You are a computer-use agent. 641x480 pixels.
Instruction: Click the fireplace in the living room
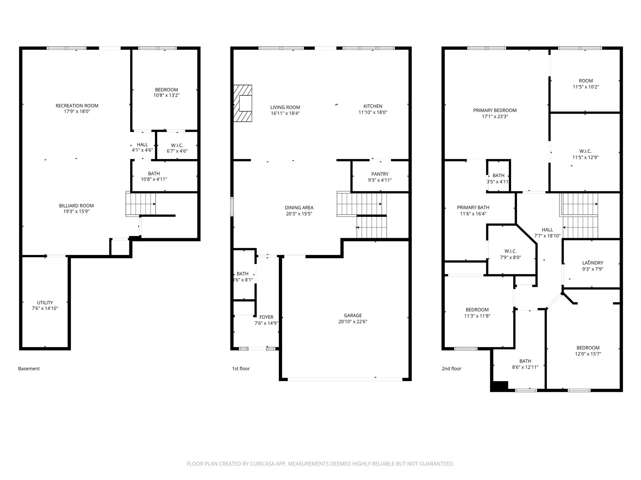pyautogui.click(x=243, y=103)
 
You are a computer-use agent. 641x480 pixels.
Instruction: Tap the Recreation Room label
pyautogui.click(x=77, y=106)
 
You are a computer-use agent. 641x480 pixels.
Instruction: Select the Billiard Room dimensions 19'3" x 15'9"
pyautogui.click(x=76, y=211)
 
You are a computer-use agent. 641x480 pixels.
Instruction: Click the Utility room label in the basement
pyautogui.click(x=45, y=302)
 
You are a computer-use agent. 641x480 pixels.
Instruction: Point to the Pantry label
pyautogui.click(x=380, y=174)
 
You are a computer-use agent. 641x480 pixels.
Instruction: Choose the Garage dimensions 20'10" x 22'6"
pyautogui.click(x=353, y=322)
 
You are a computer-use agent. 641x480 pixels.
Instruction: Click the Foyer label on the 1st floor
pyautogui.click(x=266, y=317)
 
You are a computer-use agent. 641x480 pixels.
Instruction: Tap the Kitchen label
pyautogui.click(x=373, y=106)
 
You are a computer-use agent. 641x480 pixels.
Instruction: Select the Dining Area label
pyautogui.click(x=299, y=207)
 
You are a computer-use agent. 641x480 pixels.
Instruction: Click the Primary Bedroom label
pyautogui.click(x=495, y=110)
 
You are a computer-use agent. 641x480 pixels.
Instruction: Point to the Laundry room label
pyautogui.click(x=593, y=263)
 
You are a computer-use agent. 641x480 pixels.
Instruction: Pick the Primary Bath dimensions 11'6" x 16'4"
pyautogui.click(x=473, y=214)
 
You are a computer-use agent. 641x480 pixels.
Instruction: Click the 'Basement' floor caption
pyautogui.click(x=29, y=368)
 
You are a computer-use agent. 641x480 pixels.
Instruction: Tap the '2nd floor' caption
pyautogui.click(x=452, y=368)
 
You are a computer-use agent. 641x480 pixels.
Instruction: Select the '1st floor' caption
pyautogui.click(x=241, y=368)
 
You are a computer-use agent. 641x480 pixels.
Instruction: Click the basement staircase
pyautogui.click(x=141, y=204)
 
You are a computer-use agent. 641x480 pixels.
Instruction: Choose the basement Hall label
pyautogui.click(x=142, y=145)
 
